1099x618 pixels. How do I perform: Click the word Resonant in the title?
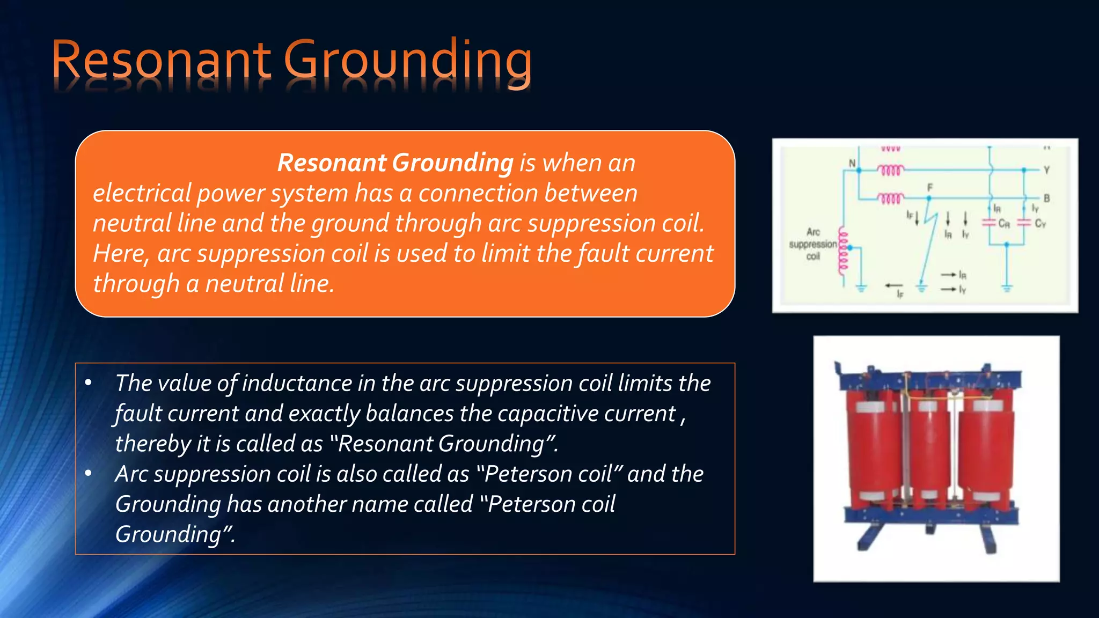[x=161, y=60]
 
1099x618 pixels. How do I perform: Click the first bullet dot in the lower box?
[x=89, y=383]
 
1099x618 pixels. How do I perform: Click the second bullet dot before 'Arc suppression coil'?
[x=89, y=474]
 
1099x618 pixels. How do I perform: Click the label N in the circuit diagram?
[x=852, y=163]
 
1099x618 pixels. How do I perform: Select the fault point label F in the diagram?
[x=930, y=187]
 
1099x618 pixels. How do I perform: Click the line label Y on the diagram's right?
[x=1046, y=170]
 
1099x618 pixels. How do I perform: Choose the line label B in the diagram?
[x=1046, y=198]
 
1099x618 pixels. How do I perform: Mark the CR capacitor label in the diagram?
[x=1003, y=224]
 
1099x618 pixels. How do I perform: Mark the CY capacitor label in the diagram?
[x=1040, y=224]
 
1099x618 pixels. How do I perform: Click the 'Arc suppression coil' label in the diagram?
[x=812, y=244]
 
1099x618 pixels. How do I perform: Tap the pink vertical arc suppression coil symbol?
[x=842, y=252]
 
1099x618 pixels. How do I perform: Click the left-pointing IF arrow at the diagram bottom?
[x=894, y=285]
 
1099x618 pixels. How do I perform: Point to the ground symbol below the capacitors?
[x=1007, y=287]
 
